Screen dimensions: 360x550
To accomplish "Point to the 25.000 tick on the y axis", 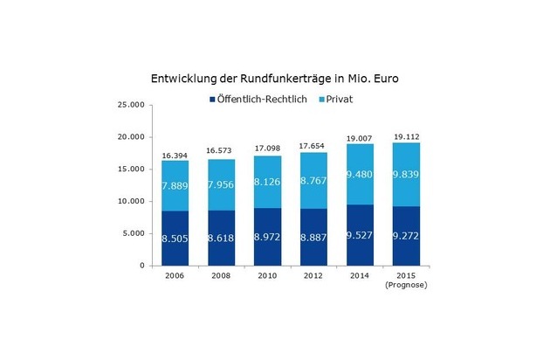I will (128, 106).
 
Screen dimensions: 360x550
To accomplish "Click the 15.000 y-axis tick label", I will (128, 170).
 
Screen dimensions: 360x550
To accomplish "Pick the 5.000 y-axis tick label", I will (131, 233).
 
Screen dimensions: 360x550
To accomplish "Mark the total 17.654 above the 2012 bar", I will (314, 146).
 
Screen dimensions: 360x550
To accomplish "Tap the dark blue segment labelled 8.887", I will (314, 237).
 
